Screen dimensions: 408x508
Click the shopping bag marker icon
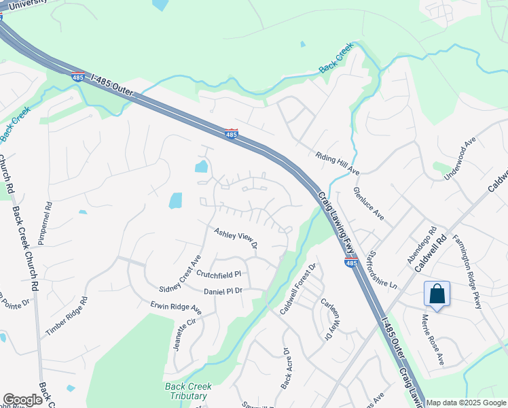[437, 294]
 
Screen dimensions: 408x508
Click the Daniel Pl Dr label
[223, 291]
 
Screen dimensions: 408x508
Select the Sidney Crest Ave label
[180, 274]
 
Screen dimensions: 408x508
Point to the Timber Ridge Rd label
[67, 316]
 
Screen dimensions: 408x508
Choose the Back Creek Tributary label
[188, 391]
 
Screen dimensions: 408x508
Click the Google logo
[22, 400]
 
